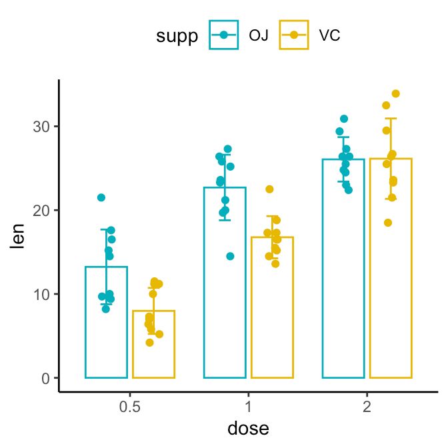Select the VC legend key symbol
coord(295,35)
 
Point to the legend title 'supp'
coord(177,36)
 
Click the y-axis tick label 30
coord(41,127)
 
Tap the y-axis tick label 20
coord(41,211)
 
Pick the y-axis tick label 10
coord(41,294)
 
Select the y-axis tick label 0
coord(45,378)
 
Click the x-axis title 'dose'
coord(248,428)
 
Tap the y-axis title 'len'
coord(19,235)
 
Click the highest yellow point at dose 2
coord(395,94)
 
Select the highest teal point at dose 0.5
coord(101,197)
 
